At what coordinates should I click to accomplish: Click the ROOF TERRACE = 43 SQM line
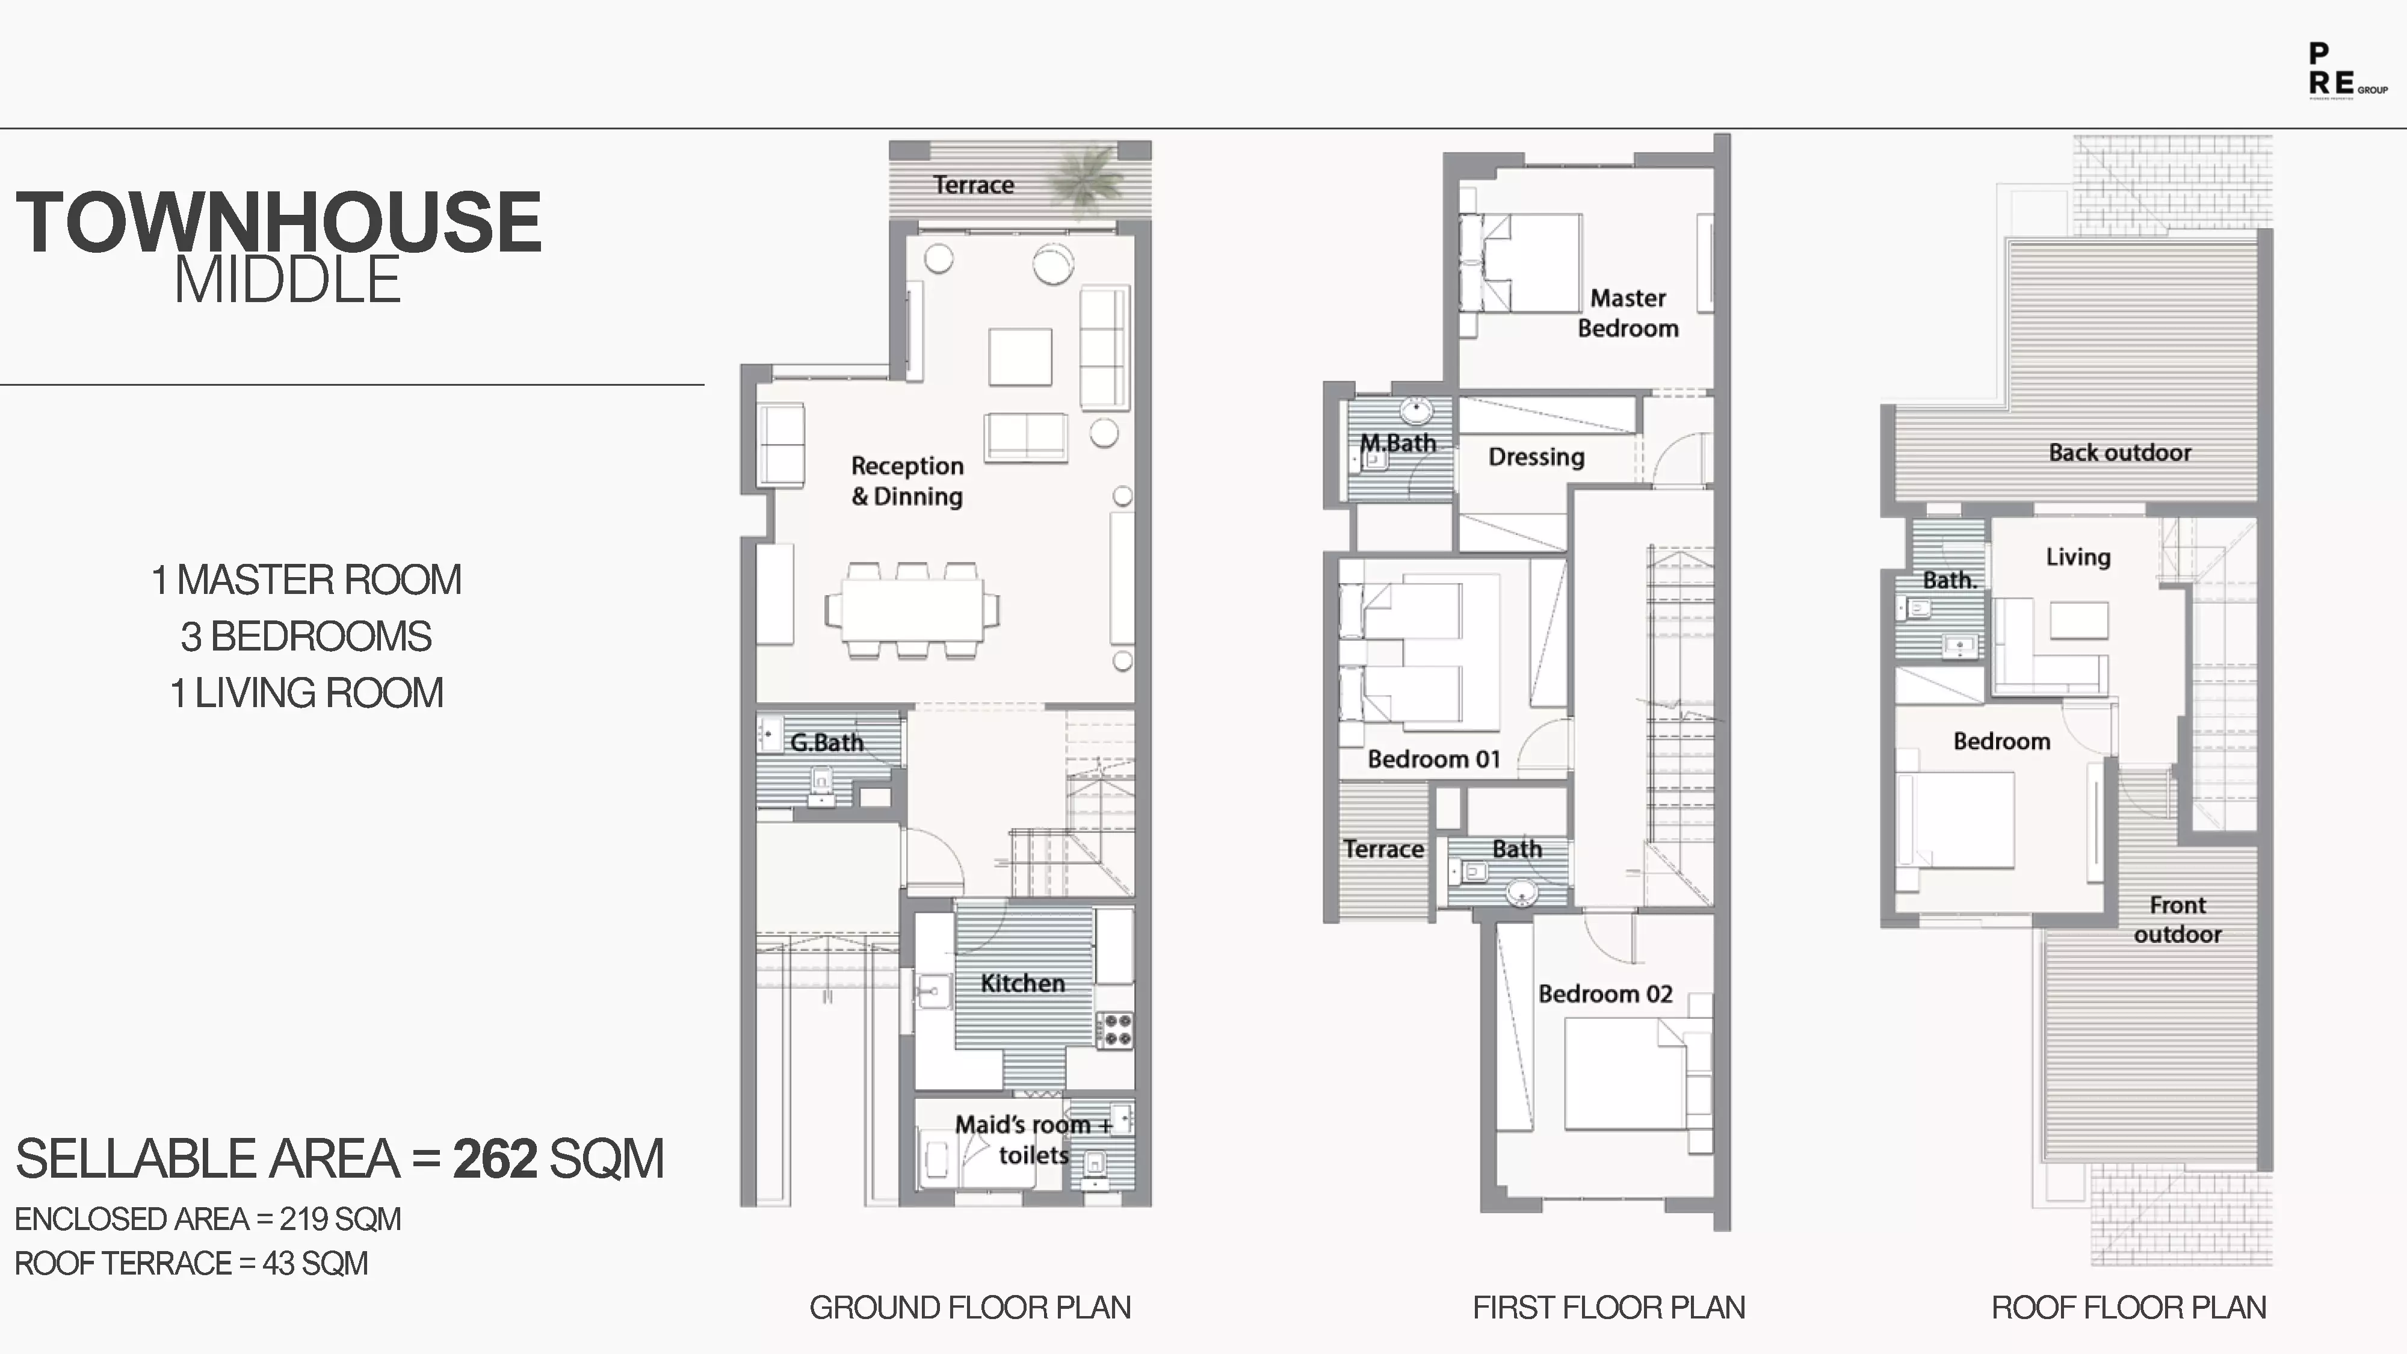(191, 1263)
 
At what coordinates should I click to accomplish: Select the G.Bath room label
(826, 742)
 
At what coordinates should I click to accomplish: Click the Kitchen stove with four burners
(1114, 1029)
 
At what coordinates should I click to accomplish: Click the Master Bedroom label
(1628, 313)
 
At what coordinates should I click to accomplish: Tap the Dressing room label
(1536, 457)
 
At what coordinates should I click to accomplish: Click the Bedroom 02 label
(1604, 994)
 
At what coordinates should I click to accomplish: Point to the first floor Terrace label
(1383, 849)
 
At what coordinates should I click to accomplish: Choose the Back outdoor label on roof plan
(2119, 453)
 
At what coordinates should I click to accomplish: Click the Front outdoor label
(2177, 920)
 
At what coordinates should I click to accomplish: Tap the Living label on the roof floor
(2078, 557)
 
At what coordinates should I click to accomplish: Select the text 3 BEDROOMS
(306, 636)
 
